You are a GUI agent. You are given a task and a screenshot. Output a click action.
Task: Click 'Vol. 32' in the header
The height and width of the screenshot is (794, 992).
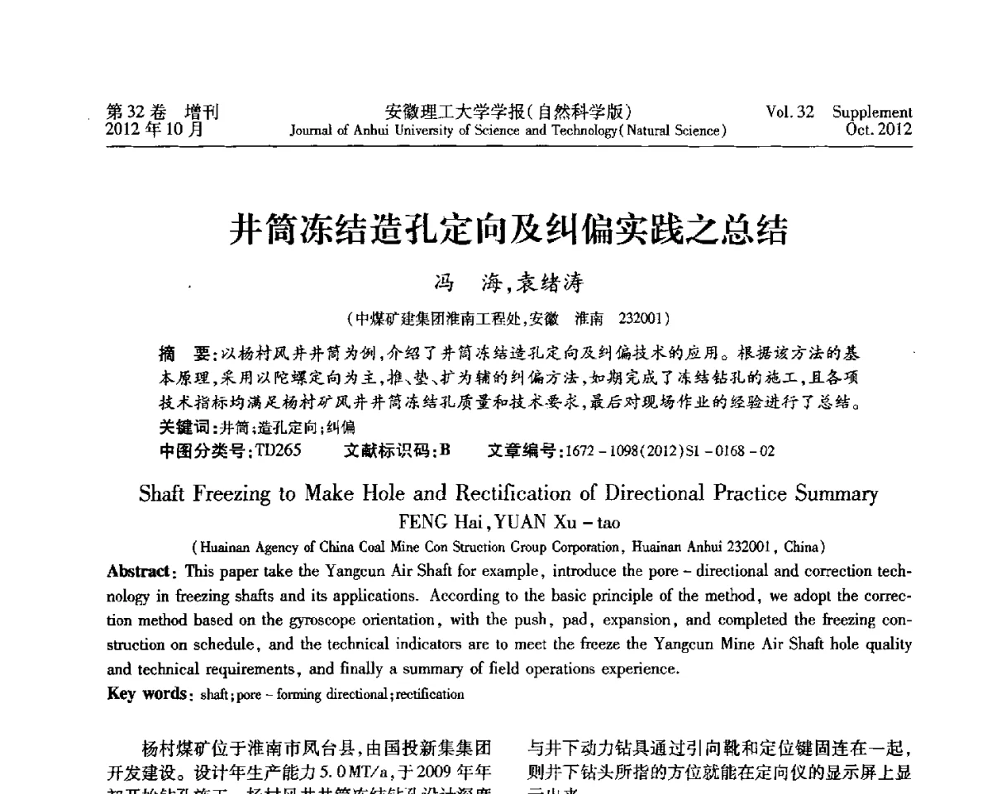tap(790, 112)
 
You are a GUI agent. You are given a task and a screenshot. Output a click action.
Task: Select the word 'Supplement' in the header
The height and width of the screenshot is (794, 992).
tap(872, 112)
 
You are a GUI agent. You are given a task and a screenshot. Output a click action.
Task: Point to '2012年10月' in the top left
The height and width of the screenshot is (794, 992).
tap(157, 130)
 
